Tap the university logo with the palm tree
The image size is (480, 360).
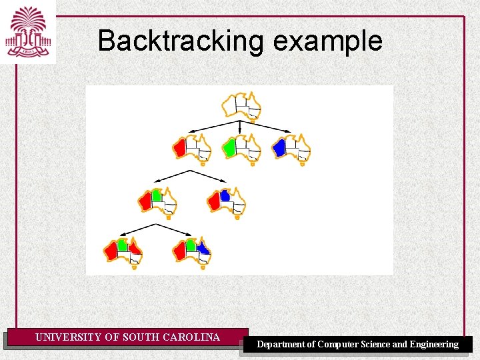pyautogui.click(x=28, y=31)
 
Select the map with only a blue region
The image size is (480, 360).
pyautogui.click(x=291, y=149)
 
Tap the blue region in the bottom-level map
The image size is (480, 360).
pyautogui.click(x=203, y=249)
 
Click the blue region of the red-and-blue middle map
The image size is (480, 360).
pyautogui.click(x=225, y=195)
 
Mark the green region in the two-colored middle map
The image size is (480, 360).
pyautogui.click(x=156, y=195)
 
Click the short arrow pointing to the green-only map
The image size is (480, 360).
pyautogui.click(x=240, y=127)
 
